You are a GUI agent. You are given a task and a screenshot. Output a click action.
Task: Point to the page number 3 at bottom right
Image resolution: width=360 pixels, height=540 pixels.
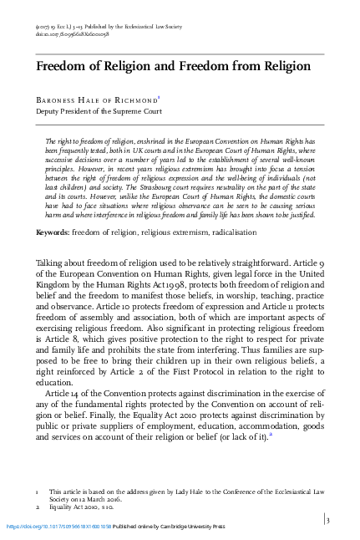pos(328,520)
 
